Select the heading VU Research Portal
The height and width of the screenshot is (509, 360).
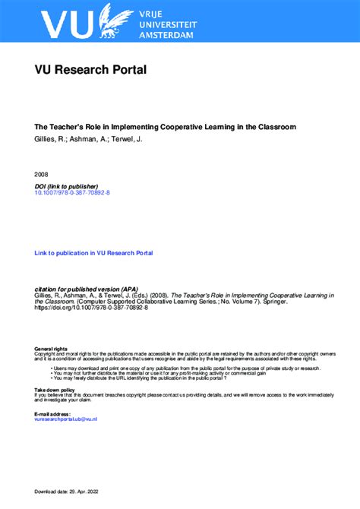click(90, 71)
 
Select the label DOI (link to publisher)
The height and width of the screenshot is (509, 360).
click(66, 187)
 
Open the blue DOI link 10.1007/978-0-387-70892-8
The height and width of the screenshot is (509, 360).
click(72, 194)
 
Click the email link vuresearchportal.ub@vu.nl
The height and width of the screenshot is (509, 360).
click(66, 419)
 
